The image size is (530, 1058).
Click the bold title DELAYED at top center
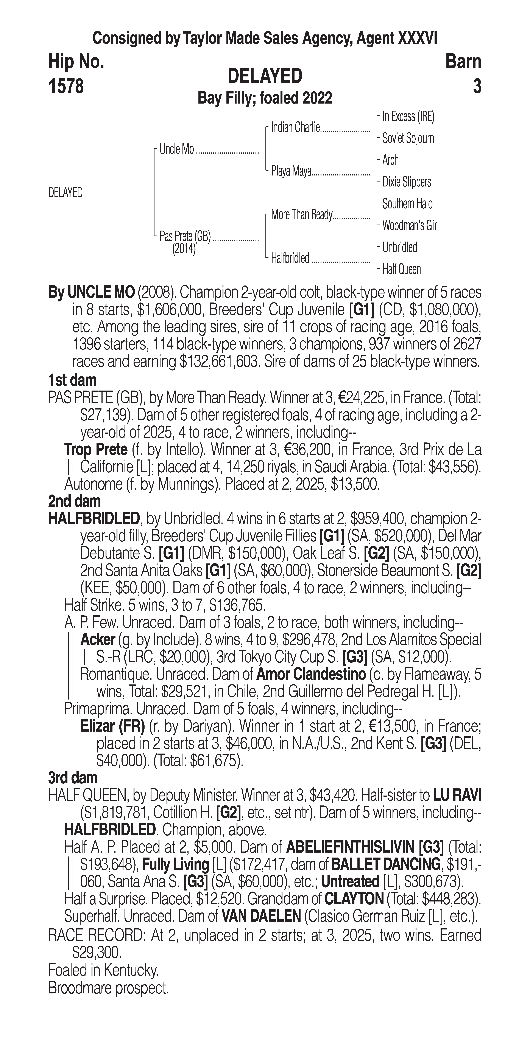point(265,76)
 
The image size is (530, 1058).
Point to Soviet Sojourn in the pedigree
point(408,138)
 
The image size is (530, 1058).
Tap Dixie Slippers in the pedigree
point(406,182)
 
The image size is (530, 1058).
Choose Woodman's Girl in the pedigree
point(410,225)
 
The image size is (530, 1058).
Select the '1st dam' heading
point(72,380)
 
